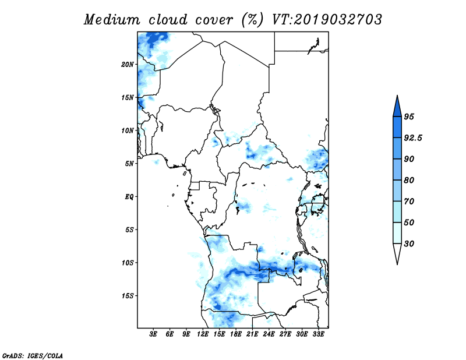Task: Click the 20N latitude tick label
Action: click(x=128, y=65)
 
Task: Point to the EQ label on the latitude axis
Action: click(x=129, y=197)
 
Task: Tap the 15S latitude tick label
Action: click(x=128, y=296)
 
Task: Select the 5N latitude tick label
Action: click(x=129, y=164)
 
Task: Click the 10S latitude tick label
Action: click(x=128, y=263)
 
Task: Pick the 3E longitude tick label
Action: click(x=153, y=334)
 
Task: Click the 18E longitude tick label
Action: click(x=235, y=334)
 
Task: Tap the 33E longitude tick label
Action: click(x=318, y=334)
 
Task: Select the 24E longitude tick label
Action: click(x=269, y=334)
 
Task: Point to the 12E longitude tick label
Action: click(x=202, y=334)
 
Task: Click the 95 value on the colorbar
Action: click(x=409, y=117)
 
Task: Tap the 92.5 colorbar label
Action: click(x=413, y=138)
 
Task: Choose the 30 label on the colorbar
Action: click(x=409, y=243)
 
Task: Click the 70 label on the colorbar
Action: click(x=409, y=202)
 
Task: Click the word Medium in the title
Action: click(x=112, y=20)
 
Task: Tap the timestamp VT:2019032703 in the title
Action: click(x=327, y=20)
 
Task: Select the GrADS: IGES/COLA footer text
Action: click(x=33, y=356)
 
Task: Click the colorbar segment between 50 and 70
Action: click(x=397, y=212)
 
